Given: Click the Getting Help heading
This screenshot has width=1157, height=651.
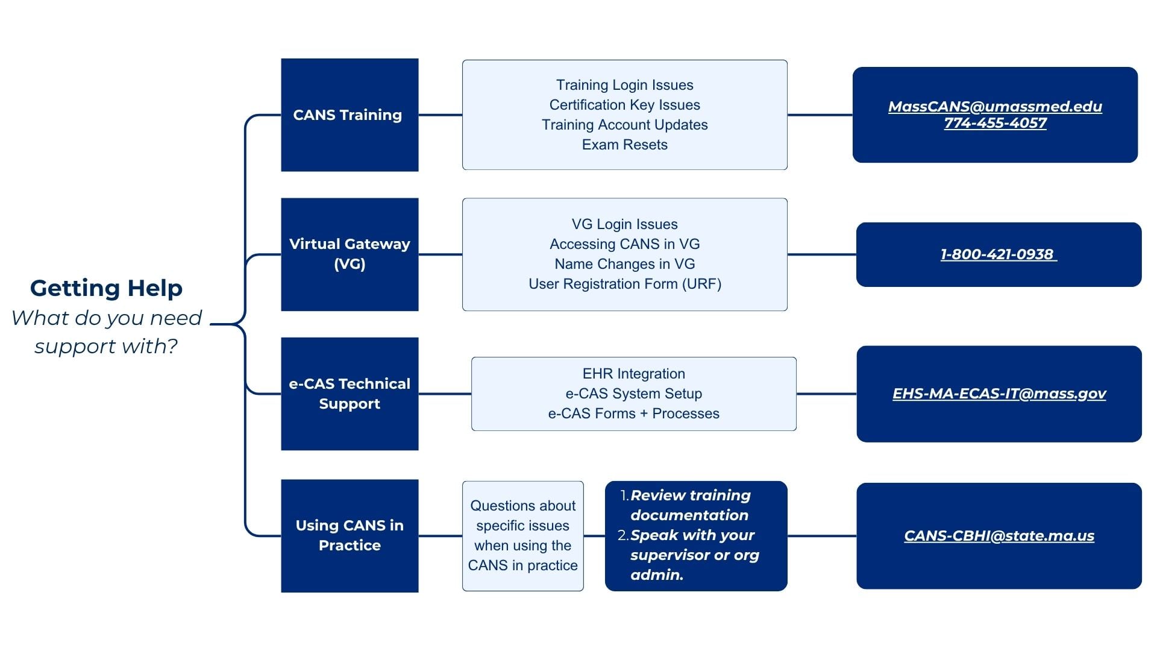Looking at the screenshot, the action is [x=106, y=288].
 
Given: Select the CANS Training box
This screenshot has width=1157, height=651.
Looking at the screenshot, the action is [x=350, y=115].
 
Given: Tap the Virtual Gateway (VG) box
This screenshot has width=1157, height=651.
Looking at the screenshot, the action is [x=350, y=254].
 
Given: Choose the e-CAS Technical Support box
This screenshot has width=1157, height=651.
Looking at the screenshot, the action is [x=350, y=394].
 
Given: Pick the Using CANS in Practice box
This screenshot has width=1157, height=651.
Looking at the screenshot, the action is [x=350, y=536].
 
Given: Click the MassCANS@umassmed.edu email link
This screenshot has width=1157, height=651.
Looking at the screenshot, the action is [x=995, y=107].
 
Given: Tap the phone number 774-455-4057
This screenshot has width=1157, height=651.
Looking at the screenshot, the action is [x=995, y=123].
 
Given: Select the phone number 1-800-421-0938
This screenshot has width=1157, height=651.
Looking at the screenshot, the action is [x=997, y=254].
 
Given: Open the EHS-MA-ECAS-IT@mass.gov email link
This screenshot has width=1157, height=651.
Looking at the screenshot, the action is [x=999, y=394].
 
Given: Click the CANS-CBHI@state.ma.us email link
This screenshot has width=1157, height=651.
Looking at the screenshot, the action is [x=999, y=536].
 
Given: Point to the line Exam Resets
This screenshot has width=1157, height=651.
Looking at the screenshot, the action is [x=625, y=145].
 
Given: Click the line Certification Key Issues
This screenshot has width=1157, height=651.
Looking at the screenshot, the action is [x=625, y=105].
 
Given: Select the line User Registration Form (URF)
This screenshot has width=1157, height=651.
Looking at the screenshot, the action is [x=625, y=284].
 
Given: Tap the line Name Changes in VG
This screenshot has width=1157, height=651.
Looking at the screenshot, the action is [x=625, y=264].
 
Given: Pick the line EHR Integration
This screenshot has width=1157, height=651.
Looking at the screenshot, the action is [x=634, y=374].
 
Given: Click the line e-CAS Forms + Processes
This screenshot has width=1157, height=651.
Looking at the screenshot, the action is [x=634, y=414].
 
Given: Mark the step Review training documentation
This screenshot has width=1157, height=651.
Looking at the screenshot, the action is [x=690, y=505].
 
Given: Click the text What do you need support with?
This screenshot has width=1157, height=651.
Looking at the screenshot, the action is [x=107, y=332].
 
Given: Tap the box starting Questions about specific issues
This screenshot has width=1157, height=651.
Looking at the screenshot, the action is [x=523, y=536].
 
